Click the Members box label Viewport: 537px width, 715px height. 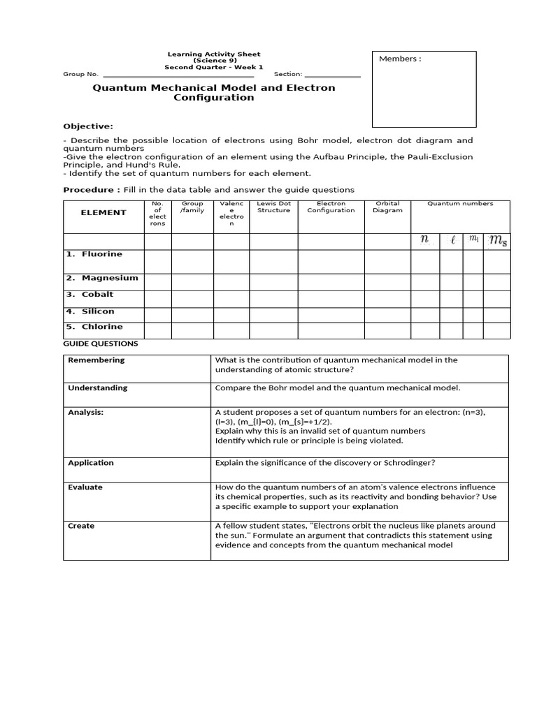[x=399, y=59]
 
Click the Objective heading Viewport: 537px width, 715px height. [x=88, y=126]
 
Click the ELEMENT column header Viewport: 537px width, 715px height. [x=103, y=213]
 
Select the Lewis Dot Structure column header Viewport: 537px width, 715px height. [x=273, y=207]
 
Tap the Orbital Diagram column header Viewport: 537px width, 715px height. [x=387, y=207]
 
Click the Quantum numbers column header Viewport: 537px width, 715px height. [x=460, y=204]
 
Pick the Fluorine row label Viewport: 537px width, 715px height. [x=101, y=254]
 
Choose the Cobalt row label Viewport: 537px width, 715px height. [x=97, y=295]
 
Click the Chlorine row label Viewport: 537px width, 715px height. [x=101, y=327]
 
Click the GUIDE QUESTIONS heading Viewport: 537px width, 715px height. [x=101, y=344]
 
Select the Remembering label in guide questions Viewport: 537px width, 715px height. [x=96, y=360]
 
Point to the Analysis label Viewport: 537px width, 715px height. [x=85, y=413]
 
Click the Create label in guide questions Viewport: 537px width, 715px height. [x=81, y=526]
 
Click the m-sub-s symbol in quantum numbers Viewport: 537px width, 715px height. [x=496, y=241]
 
